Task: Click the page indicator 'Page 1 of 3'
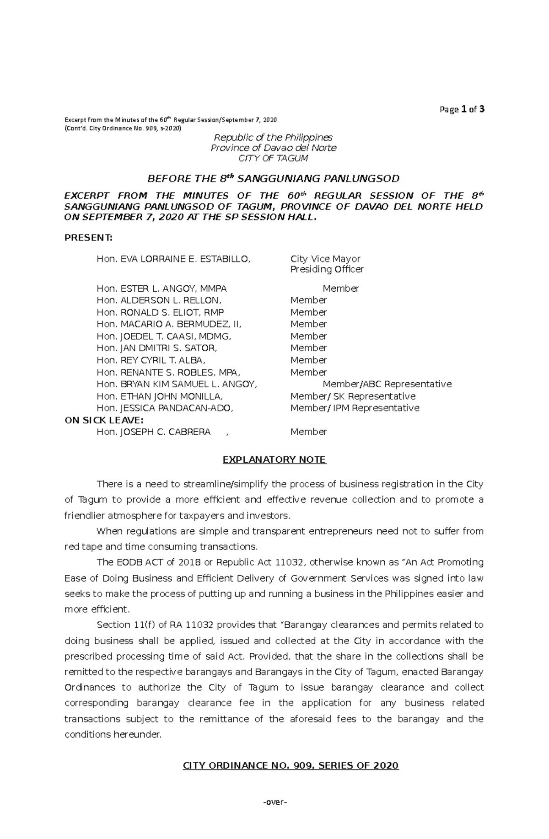[462, 109]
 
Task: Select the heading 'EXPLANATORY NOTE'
[274, 460]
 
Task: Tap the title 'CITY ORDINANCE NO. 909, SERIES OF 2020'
[291, 765]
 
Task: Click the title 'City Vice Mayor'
[325, 259]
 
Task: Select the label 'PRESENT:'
[88, 238]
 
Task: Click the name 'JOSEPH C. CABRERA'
[154, 432]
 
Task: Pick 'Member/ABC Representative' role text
[387, 384]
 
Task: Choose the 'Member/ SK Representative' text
[353, 396]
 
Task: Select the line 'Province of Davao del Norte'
[274, 148]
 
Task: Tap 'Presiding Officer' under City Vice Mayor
[327, 269]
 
